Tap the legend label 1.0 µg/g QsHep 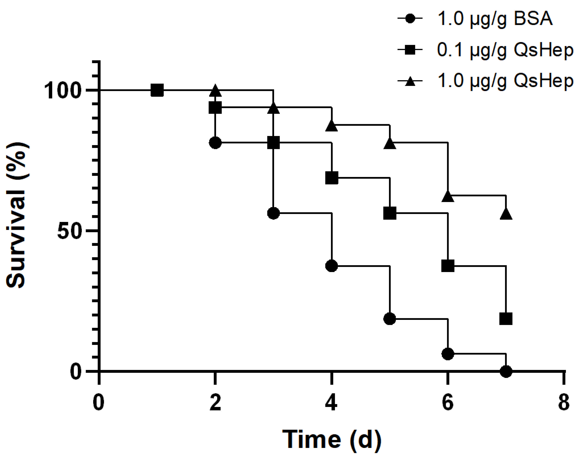coord(505,81)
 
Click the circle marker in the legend coord(410,19)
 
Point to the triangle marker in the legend coord(410,81)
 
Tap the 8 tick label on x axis coord(564,403)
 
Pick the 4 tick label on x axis coord(331,403)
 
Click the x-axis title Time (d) coord(331,439)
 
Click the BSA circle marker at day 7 coord(506,371)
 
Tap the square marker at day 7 coord(506,319)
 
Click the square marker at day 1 coord(157,91)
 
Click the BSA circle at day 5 coord(390,319)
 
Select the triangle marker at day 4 coord(331,126)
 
